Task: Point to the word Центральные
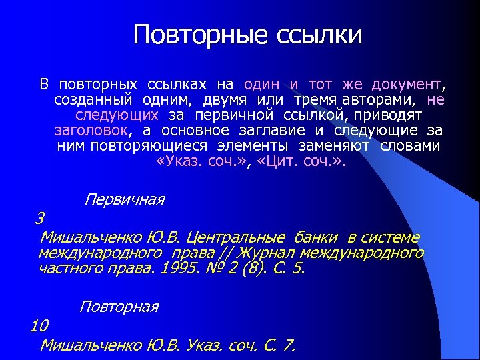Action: pyautogui.click(x=236, y=237)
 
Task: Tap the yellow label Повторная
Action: pyautogui.click(x=119, y=307)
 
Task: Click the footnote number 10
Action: pyautogui.click(x=39, y=325)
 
